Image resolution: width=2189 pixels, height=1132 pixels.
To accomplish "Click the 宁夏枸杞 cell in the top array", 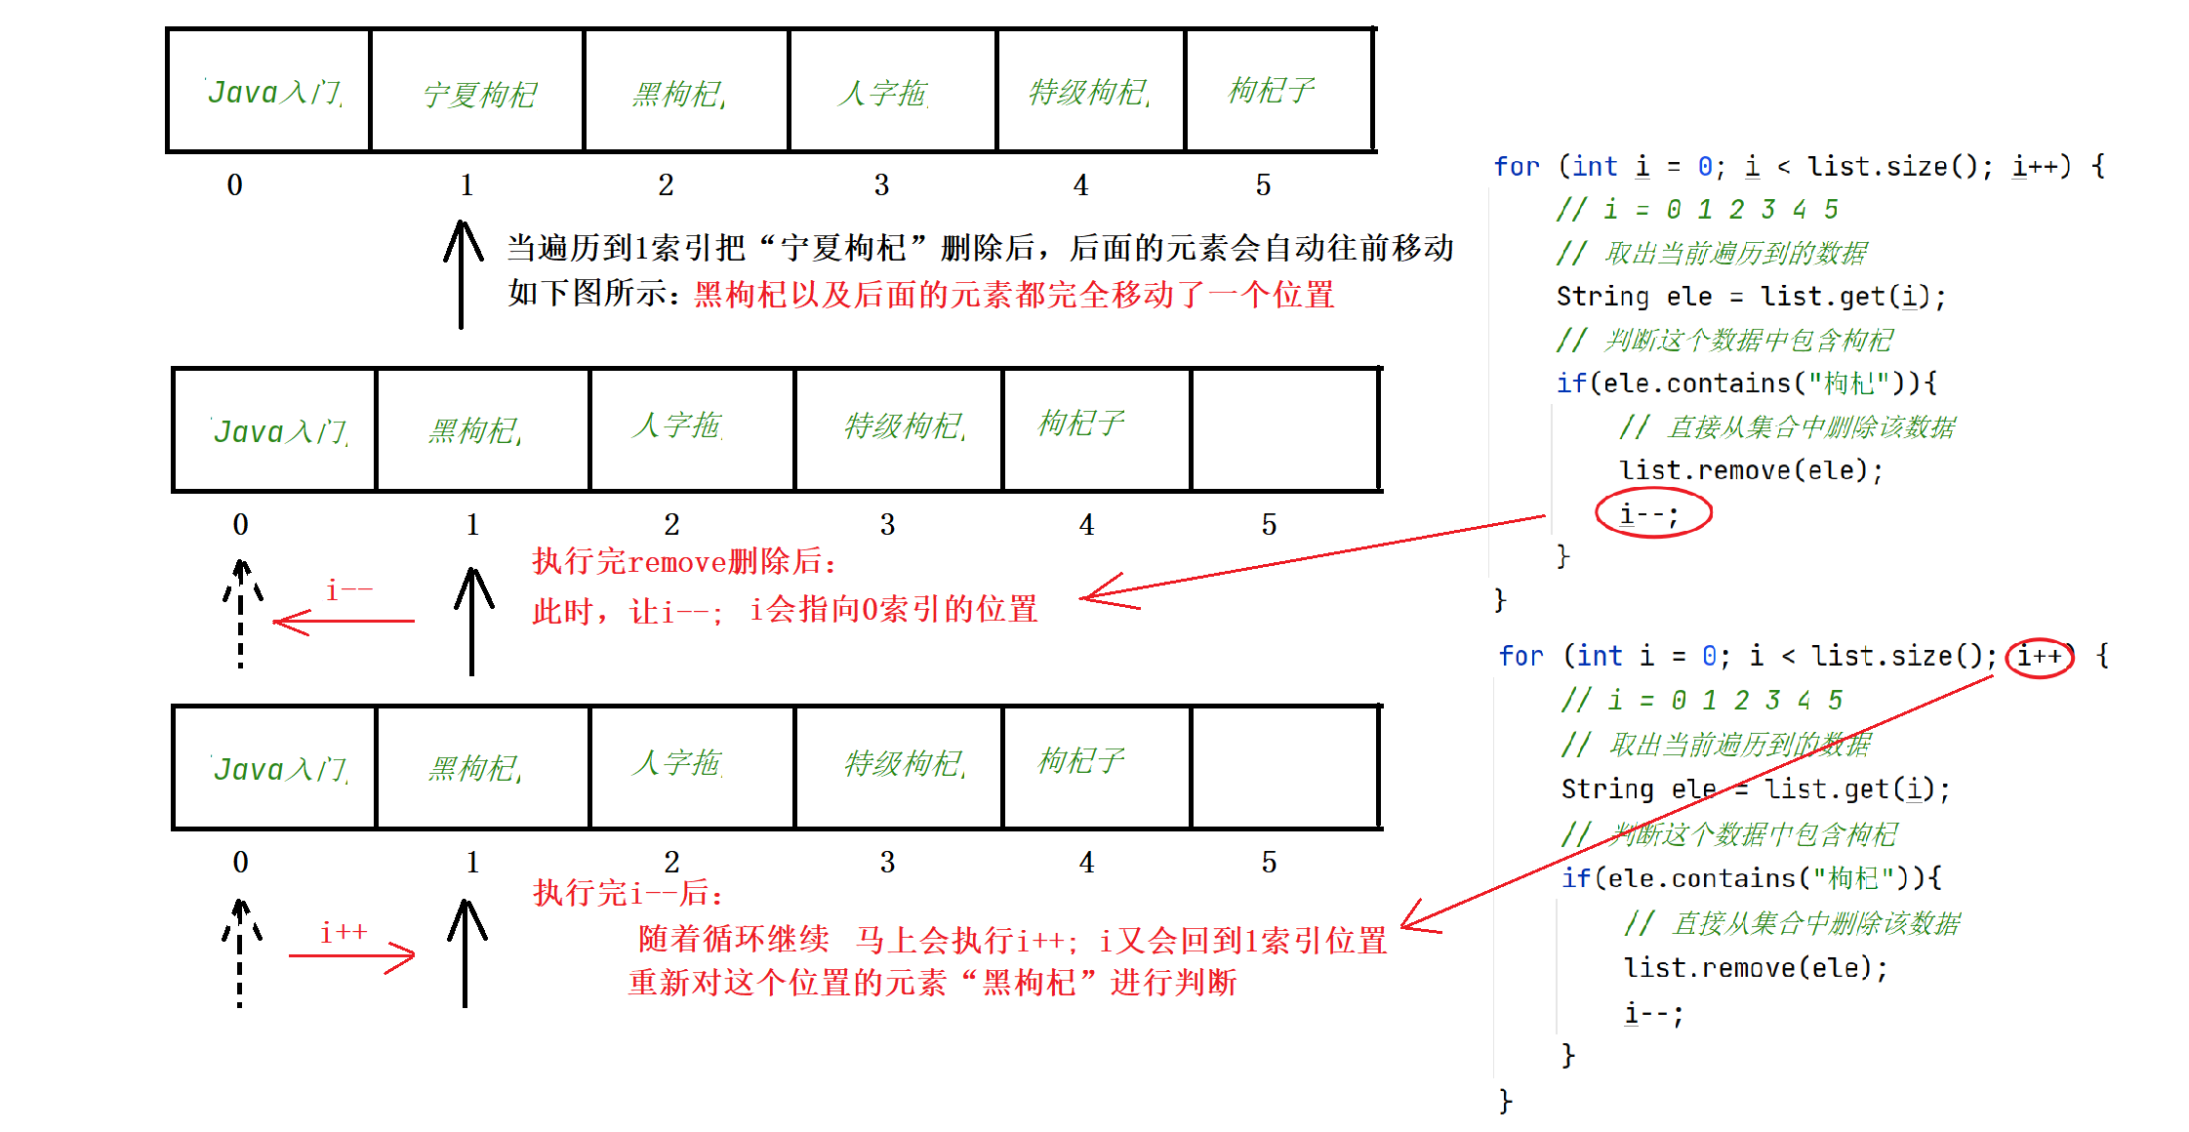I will (x=478, y=93).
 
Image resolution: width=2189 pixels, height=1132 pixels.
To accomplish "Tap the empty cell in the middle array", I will (x=1284, y=429).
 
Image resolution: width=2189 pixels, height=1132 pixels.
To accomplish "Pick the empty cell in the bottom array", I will (x=1284, y=767).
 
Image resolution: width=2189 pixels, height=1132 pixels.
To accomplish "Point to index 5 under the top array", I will (x=1263, y=184).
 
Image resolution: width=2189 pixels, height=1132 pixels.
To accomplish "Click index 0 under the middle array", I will (x=240, y=524).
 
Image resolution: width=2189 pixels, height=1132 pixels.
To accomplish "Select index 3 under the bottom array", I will (x=887, y=862).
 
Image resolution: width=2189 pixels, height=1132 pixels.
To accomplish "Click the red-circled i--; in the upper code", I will (x=1652, y=513).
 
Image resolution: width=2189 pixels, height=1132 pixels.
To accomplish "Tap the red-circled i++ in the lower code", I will (x=2040, y=657).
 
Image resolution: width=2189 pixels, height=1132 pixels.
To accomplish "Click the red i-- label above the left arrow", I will (x=348, y=590).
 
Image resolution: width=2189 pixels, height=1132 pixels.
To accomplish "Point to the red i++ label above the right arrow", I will (x=344, y=932).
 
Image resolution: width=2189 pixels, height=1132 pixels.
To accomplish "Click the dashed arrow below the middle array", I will (x=241, y=615).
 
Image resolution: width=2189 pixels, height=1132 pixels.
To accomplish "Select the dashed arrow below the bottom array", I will (x=240, y=953).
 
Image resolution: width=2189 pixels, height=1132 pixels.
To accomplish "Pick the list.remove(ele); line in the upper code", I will (x=1751, y=470).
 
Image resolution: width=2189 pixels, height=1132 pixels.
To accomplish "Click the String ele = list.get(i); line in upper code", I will (x=1751, y=297).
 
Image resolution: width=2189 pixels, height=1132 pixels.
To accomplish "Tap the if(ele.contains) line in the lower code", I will (x=1751, y=878).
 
